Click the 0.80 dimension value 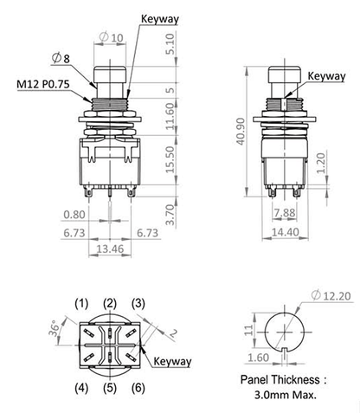[x=75, y=214]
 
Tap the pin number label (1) [x=81, y=302]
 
